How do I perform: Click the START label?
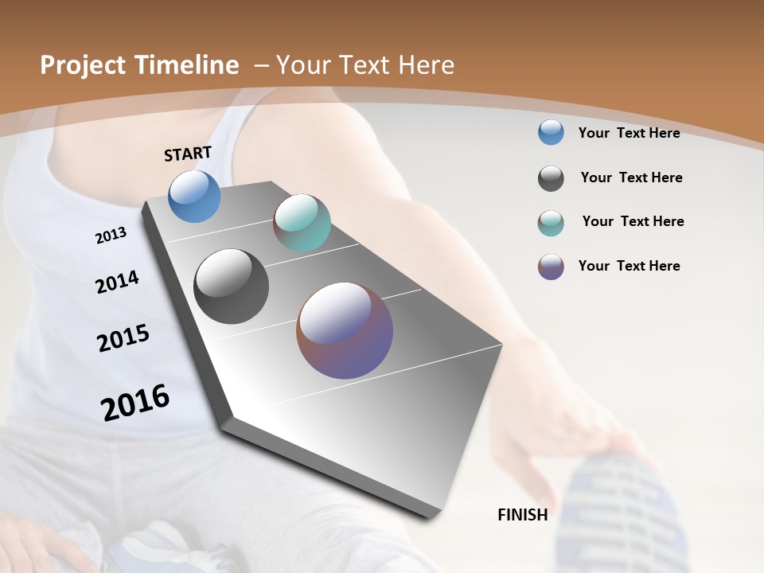[x=188, y=154]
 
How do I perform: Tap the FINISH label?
[x=523, y=515]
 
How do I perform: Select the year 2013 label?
[x=111, y=235]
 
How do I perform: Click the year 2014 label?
[x=117, y=282]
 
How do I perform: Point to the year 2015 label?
[x=123, y=338]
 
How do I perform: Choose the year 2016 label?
[x=135, y=402]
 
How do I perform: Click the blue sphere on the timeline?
[x=195, y=196]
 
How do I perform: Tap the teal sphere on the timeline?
[x=302, y=223]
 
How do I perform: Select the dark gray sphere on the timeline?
[x=232, y=286]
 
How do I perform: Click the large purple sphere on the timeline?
[x=345, y=330]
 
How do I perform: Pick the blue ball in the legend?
[x=551, y=133]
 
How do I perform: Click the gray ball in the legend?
[x=551, y=178]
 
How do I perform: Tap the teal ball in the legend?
[x=551, y=223]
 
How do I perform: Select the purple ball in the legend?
[x=551, y=267]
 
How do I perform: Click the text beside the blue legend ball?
[x=629, y=133]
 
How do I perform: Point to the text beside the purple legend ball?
[x=629, y=266]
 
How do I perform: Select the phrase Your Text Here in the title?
[x=365, y=65]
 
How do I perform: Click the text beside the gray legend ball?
[x=631, y=177]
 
